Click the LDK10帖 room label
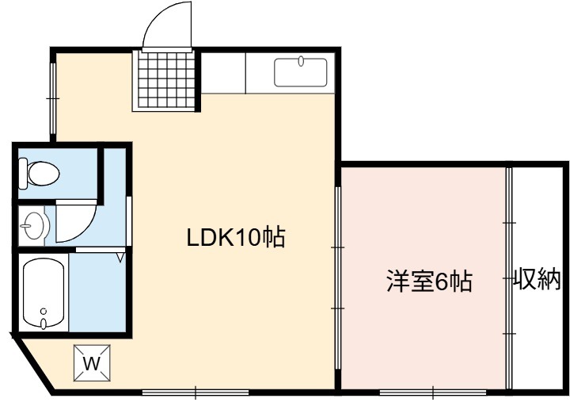(x=236, y=237)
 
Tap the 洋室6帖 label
(x=429, y=281)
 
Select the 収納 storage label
(x=538, y=279)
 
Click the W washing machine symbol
(x=92, y=362)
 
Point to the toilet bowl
(x=44, y=174)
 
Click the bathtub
(x=44, y=293)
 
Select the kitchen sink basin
(x=301, y=72)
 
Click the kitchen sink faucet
(x=301, y=61)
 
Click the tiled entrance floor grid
(x=164, y=79)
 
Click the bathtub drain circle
(x=44, y=311)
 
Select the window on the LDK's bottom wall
(x=196, y=393)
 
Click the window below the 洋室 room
(x=433, y=393)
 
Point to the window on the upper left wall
(x=52, y=98)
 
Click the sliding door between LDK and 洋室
(x=338, y=278)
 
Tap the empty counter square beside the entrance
(x=223, y=72)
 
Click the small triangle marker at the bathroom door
(x=120, y=258)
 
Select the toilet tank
(x=23, y=174)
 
